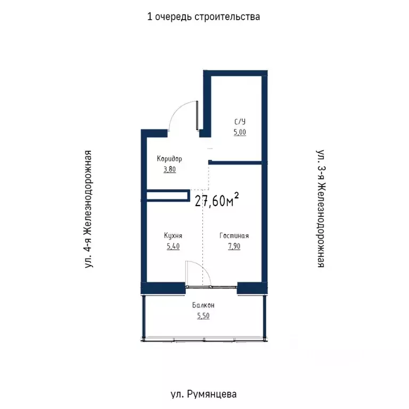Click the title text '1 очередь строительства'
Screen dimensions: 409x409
coord(204,17)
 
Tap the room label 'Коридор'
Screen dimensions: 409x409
coord(169,159)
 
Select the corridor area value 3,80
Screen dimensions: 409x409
coord(169,170)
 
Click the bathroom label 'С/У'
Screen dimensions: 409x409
coord(240,121)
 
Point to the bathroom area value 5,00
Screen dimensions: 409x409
coord(240,132)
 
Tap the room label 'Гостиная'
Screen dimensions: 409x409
coord(234,235)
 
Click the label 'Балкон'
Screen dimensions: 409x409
coord(203,305)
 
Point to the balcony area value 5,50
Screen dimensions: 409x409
coord(203,316)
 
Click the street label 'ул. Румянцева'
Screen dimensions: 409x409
coord(204,394)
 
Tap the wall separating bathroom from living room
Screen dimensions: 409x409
coord(237,162)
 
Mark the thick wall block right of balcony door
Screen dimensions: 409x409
coord(251,288)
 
